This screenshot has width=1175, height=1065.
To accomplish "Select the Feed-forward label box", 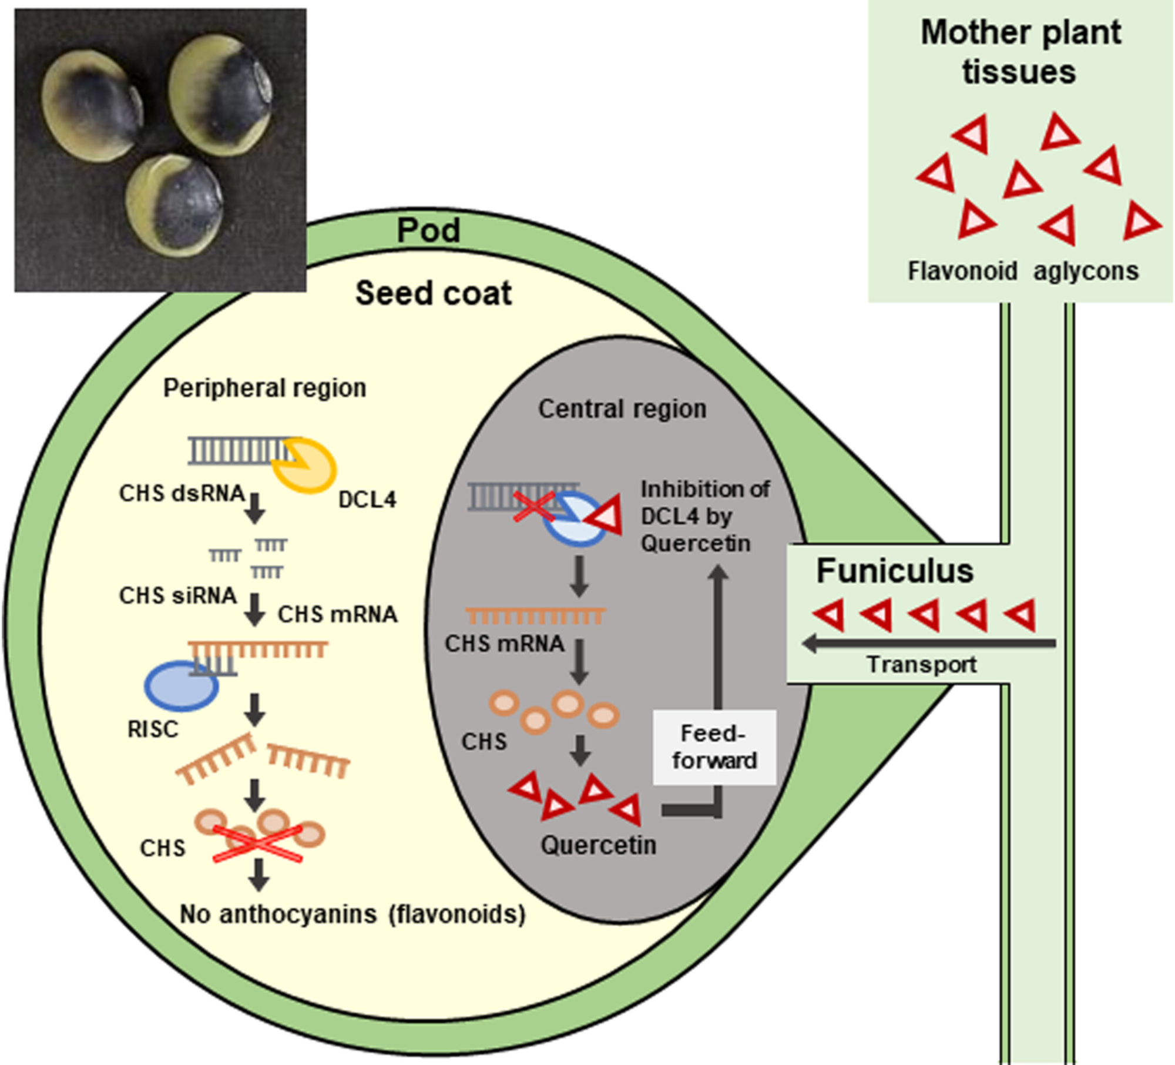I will click(714, 747).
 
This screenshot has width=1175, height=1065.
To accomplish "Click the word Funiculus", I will click(895, 571).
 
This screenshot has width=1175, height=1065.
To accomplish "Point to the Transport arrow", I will click(928, 644).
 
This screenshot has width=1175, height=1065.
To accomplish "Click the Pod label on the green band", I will click(428, 230).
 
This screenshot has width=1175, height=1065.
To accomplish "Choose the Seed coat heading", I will click(434, 293).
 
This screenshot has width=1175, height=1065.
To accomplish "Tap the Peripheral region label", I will click(264, 388).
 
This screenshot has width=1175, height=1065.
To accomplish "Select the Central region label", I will click(622, 409).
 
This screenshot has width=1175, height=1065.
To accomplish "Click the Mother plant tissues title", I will click(1020, 52).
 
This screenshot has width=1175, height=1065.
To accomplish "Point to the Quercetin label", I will click(598, 845).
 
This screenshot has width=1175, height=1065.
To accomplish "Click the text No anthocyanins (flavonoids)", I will click(352, 915).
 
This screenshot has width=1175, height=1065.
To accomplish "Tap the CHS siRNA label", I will click(177, 596).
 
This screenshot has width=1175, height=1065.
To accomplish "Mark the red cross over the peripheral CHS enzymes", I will click(257, 844).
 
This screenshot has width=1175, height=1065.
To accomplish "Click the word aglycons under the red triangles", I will click(1086, 272).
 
